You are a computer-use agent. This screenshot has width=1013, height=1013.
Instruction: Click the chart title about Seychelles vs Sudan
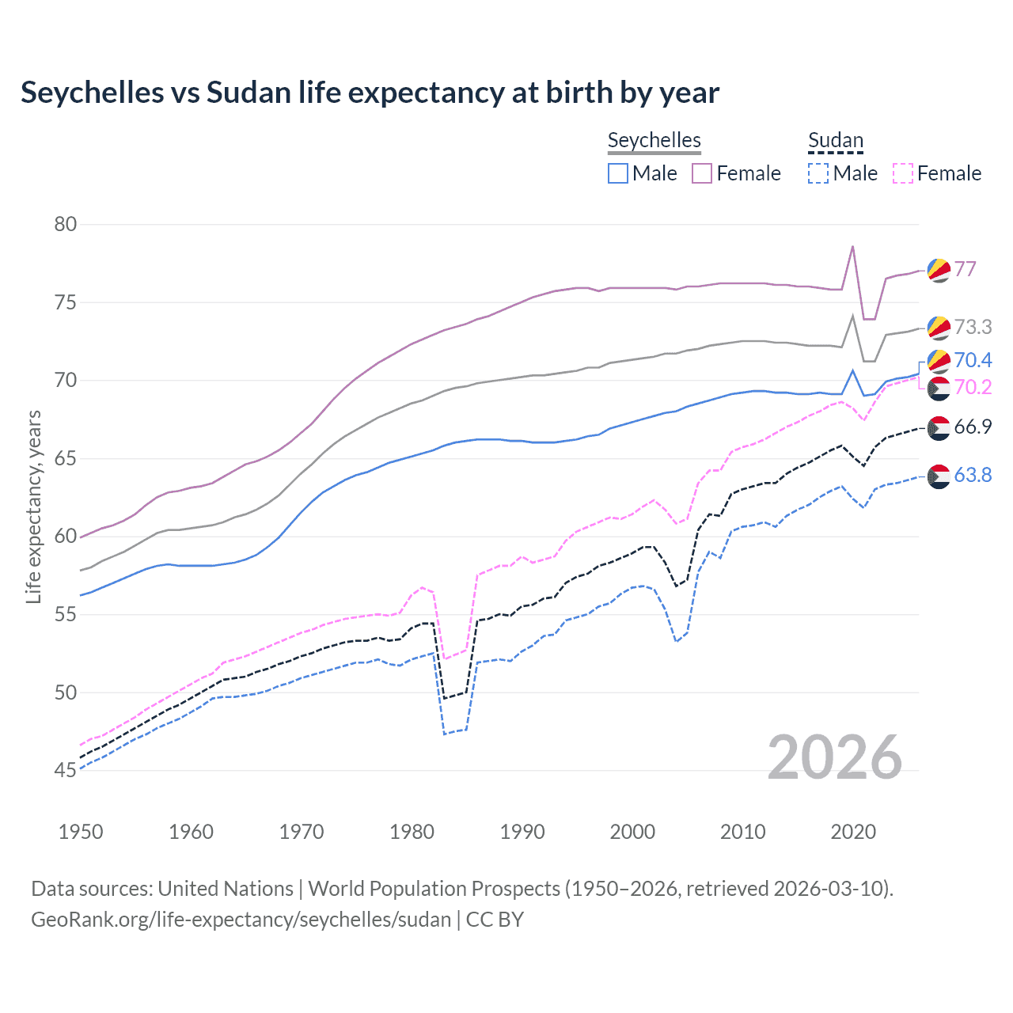(x=370, y=93)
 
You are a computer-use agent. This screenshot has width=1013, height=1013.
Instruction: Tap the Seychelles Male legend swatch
(x=618, y=173)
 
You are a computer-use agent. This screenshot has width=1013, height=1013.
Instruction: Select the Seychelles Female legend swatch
(x=702, y=173)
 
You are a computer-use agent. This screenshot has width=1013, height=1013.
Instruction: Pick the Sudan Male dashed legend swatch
(x=818, y=173)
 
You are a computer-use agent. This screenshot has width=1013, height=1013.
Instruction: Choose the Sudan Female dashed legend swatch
(x=903, y=173)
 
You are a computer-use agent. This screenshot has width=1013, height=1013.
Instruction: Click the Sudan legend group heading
(x=835, y=141)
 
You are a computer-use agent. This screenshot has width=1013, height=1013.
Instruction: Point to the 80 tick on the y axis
(x=66, y=224)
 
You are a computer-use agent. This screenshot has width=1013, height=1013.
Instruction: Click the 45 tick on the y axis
(x=66, y=770)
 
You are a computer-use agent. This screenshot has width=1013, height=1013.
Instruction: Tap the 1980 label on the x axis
(x=412, y=832)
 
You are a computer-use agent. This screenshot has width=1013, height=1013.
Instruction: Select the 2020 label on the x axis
(x=853, y=832)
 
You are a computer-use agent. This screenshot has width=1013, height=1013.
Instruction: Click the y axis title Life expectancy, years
(x=33, y=506)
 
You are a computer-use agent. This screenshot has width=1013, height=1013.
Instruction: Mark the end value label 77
(x=965, y=269)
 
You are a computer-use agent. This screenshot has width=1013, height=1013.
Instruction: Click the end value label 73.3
(x=973, y=327)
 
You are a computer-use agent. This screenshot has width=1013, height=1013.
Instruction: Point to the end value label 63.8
(x=973, y=475)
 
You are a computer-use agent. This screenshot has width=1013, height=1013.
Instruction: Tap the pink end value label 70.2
(x=973, y=387)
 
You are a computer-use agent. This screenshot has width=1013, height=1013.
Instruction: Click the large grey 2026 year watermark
(x=835, y=757)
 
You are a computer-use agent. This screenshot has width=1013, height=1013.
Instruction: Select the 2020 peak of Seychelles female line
(x=852, y=246)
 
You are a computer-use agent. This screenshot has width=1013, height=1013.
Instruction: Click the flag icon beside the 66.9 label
(x=938, y=427)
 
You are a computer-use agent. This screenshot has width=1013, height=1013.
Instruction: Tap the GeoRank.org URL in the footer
(x=241, y=920)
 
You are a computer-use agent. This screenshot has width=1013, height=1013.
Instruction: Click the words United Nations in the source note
(x=226, y=889)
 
